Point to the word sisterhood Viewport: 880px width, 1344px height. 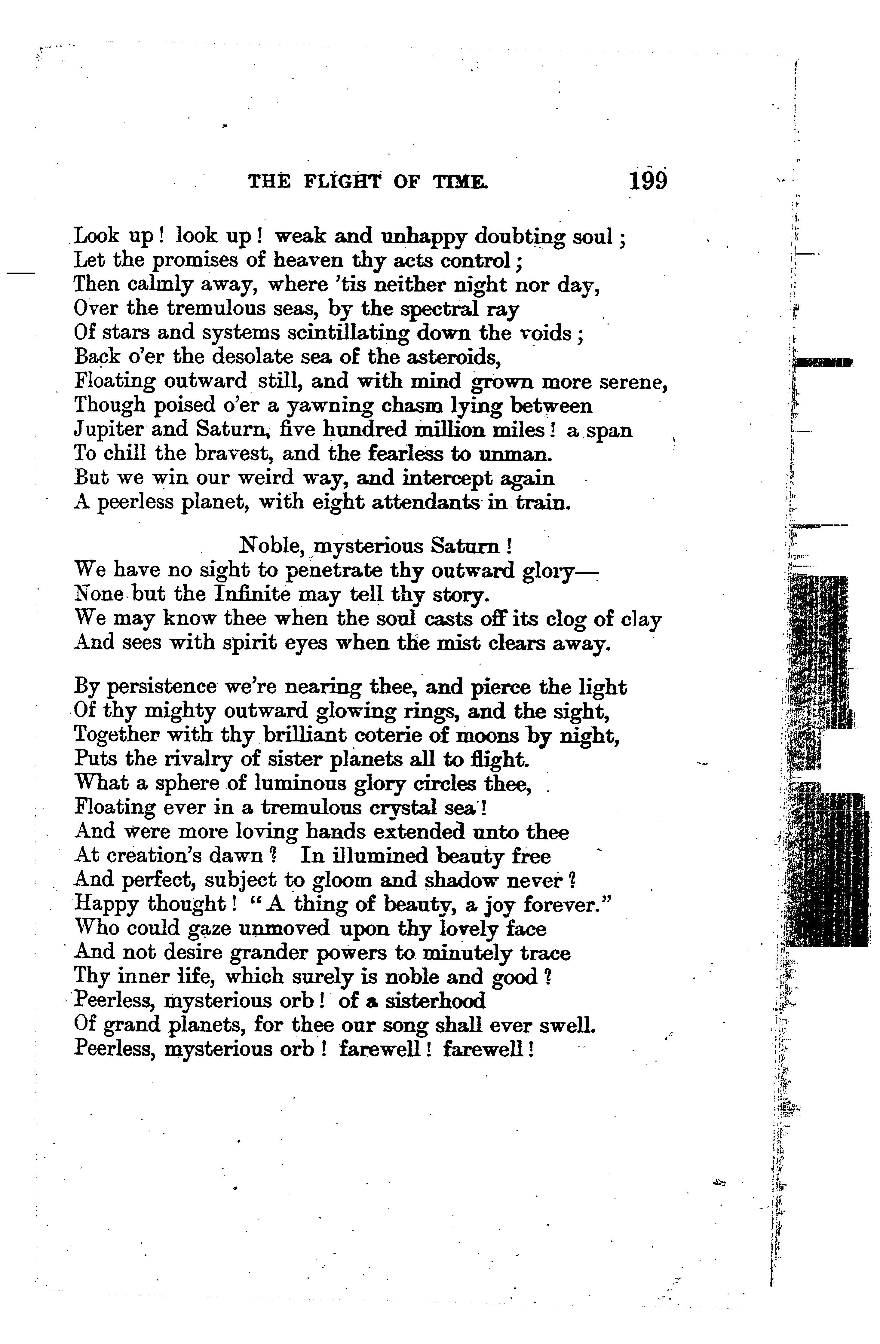point(435,1001)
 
